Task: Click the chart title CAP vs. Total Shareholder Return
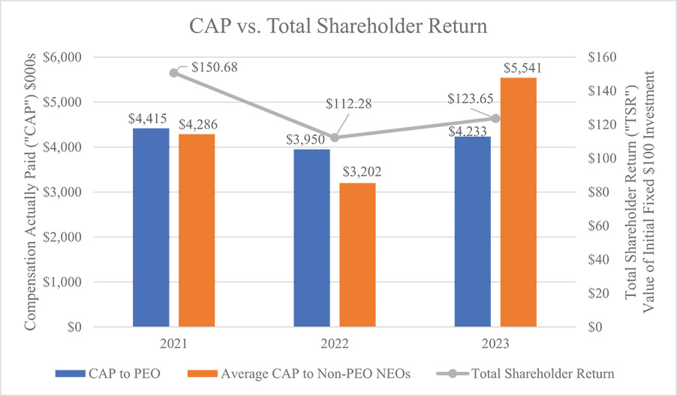point(338,27)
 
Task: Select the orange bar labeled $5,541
point(519,202)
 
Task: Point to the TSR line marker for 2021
point(173,73)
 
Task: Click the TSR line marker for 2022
point(335,138)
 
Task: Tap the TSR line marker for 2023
point(495,118)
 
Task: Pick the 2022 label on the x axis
point(335,344)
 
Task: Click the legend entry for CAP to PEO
point(129,373)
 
